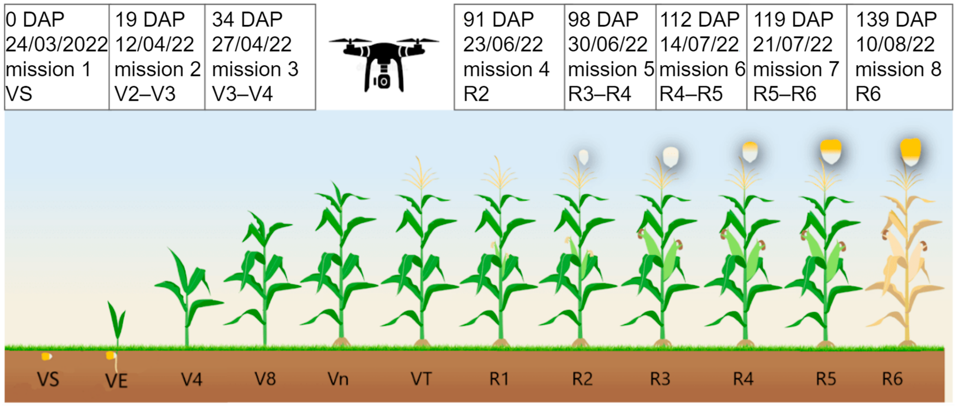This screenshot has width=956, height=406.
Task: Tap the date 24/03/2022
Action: coord(56,44)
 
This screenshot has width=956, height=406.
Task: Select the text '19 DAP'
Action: coord(150,20)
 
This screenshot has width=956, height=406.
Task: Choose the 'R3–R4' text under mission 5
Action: coord(599,94)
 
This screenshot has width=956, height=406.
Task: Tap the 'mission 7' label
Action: coord(796,69)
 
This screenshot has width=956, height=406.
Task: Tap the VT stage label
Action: coord(421,379)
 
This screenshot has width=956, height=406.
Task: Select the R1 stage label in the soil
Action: coord(499,379)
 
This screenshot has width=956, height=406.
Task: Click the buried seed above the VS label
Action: coord(46,357)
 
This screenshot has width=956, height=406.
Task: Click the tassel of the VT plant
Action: coord(421,174)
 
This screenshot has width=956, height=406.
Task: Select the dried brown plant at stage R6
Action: coord(905,267)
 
